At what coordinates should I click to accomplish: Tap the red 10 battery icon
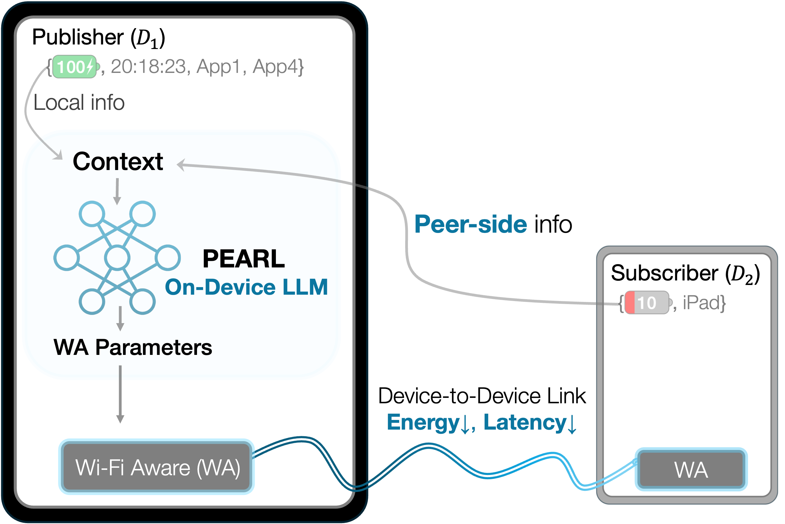coord(647,303)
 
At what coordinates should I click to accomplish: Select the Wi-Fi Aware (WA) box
coord(157,467)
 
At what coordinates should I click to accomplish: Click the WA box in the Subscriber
coord(691,469)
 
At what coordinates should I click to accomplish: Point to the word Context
coord(118,162)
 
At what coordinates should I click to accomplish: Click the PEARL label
coord(243,259)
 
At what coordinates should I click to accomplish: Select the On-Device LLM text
coord(246,287)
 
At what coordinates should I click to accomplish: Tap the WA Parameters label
coord(133,348)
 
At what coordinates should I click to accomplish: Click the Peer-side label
coord(470,224)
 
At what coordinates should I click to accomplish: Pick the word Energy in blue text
coord(423,422)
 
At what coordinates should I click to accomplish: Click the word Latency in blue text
coord(525,422)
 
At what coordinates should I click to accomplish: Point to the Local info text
coord(79,102)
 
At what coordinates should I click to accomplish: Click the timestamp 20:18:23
coord(148,67)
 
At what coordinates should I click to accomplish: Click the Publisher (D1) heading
coord(99,37)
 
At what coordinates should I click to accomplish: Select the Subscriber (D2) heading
coord(685,273)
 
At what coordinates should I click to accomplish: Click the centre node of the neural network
coord(117,258)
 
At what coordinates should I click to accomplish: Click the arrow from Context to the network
coord(117,192)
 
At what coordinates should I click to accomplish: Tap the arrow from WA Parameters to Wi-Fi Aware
coord(120,394)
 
